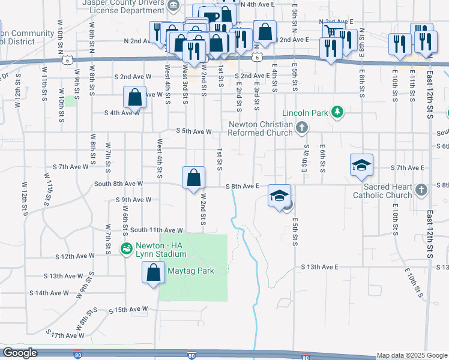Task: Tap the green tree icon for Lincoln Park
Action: coord(338,112)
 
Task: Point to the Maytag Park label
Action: coord(191,271)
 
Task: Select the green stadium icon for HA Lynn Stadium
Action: coord(127,248)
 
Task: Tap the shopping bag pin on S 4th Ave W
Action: coord(136,97)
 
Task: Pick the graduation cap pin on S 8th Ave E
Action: coord(279,196)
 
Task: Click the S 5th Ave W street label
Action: coord(194,131)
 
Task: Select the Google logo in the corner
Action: coord(20,353)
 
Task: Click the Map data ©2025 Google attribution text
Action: coord(412,355)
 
